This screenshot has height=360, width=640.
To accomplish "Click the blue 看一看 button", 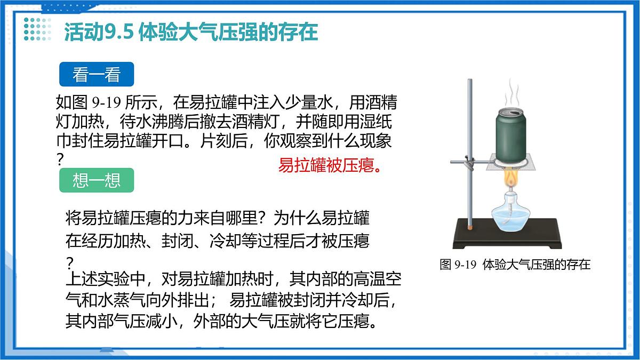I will (x=96, y=75).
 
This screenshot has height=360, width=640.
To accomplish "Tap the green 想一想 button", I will (x=96, y=181).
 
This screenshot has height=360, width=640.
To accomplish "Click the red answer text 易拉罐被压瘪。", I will (x=330, y=165).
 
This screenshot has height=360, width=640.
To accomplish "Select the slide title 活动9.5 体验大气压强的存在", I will (x=191, y=32).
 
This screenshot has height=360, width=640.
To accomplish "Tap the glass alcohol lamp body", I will (x=510, y=216).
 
